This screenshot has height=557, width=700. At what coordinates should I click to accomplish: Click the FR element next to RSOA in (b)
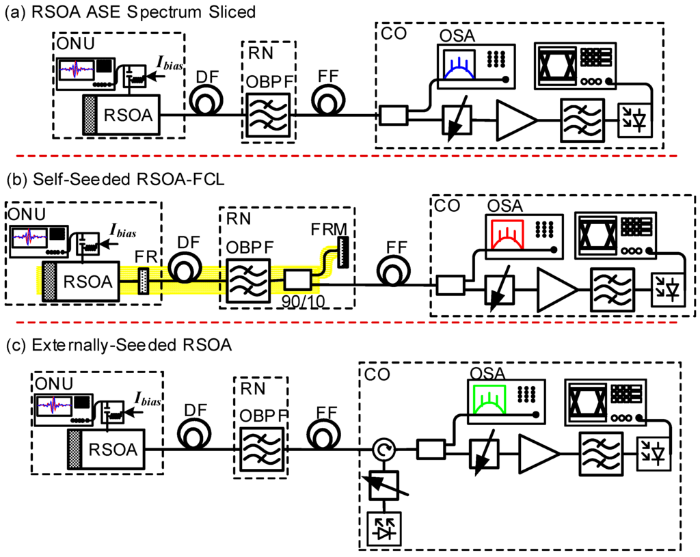(x=143, y=280)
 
